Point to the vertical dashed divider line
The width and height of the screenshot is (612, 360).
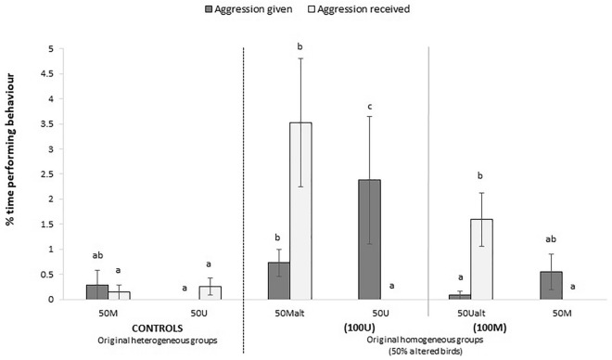[243, 186]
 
